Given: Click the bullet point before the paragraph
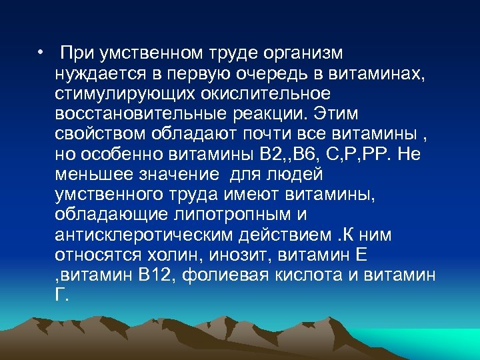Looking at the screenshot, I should [41, 52].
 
